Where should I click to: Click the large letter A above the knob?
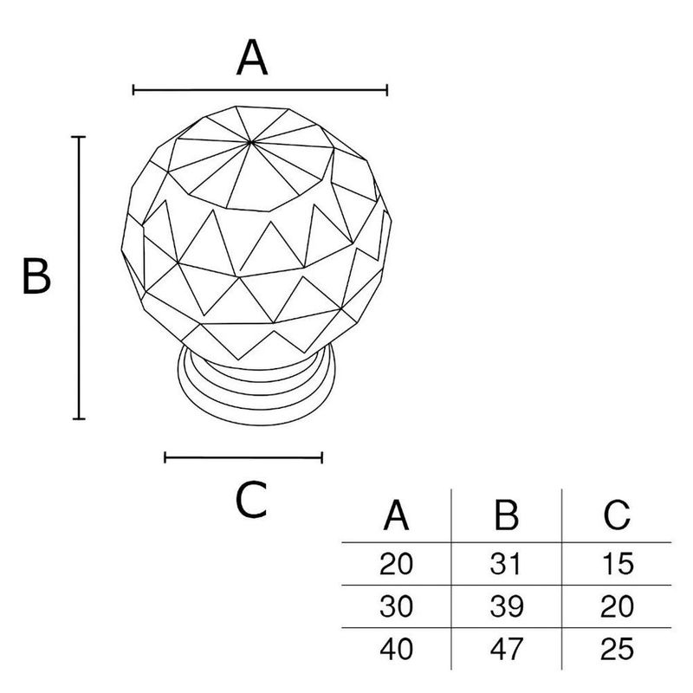[x=252, y=58]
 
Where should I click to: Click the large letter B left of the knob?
[x=36, y=276]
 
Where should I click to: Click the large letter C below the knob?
[x=251, y=500]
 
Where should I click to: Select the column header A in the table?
[x=396, y=515]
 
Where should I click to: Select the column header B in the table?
[x=506, y=515]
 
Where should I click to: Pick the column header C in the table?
[x=617, y=515]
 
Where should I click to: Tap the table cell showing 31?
[x=506, y=564]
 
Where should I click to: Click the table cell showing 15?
[x=618, y=564]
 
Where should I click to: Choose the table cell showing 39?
[x=507, y=606]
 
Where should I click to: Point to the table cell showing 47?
[x=507, y=648]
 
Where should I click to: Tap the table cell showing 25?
[x=617, y=648]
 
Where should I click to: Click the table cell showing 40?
[x=397, y=648]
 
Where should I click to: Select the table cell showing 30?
[x=397, y=606]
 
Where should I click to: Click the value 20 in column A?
[x=397, y=564]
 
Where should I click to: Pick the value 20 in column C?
[x=617, y=606]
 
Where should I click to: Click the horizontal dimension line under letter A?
[x=261, y=90]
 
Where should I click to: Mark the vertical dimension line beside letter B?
[x=79, y=277]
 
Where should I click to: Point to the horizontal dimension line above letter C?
[x=243, y=457]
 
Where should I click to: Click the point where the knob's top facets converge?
[x=250, y=142]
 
